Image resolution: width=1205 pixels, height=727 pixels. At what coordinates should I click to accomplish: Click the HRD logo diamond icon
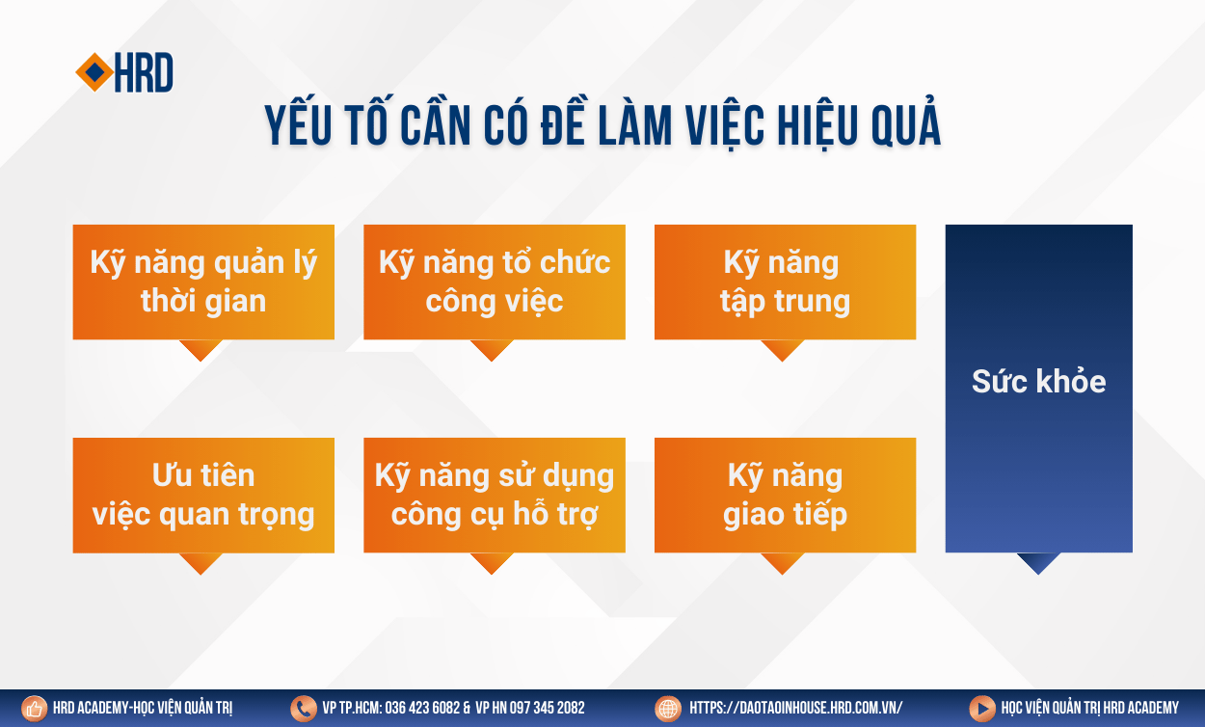[94, 72]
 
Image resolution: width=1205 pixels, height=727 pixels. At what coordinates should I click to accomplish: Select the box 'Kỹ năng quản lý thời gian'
[203, 282]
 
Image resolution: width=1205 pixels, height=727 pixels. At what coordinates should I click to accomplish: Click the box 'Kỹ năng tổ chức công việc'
[495, 282]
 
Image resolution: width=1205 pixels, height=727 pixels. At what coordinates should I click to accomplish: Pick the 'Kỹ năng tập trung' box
[786, 282]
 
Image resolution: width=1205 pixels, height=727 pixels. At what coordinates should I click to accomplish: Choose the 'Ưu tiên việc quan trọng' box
[203, 495]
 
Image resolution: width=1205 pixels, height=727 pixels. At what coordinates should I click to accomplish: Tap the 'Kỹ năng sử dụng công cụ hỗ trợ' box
[495, 495]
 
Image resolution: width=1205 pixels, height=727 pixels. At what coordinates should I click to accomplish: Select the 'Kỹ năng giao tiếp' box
[786, 495]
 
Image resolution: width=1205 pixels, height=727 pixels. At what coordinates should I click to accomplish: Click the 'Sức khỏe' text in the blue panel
[1039, 381]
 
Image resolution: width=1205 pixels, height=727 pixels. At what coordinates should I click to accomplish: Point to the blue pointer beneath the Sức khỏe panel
[1038, 563]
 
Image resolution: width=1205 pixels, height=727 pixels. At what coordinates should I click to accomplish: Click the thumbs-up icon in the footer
[35, 709]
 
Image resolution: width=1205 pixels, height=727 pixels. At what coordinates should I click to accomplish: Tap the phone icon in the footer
[304, 709]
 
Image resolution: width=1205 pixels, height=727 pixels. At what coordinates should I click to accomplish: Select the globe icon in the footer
[668, 709]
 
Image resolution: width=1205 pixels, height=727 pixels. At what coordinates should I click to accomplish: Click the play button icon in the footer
[982, 709]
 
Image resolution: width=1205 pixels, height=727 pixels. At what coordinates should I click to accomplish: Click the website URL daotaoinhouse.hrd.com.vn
[796, 708]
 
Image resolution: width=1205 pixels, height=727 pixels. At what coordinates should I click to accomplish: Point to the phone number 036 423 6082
[422, 708]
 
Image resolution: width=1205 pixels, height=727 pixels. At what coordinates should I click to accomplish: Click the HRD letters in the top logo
[144, 72]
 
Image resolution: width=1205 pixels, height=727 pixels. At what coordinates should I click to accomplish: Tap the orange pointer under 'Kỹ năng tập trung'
[782, 350]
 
